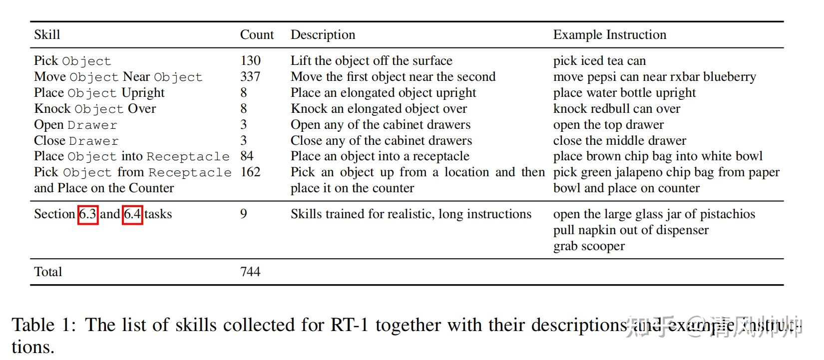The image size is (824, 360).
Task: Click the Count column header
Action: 257,35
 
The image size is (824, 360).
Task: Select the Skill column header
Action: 47,35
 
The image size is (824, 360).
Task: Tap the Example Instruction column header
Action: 609,35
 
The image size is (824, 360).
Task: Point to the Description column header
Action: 323,35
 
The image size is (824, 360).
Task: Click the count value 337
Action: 250,77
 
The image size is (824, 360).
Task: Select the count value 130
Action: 250,61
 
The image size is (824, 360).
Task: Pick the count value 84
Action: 247,156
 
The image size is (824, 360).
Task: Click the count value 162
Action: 250,172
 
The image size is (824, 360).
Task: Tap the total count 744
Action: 250,272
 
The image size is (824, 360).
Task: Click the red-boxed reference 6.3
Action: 88,215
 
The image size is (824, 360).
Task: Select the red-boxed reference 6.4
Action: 132,215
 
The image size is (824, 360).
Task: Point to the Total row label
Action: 48,272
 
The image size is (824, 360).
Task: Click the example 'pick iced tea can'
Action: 599,61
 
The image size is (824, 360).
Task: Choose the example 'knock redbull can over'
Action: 616,109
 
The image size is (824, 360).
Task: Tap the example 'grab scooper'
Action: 589,246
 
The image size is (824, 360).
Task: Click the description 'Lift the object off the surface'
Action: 371,61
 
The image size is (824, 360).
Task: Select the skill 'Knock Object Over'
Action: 95,109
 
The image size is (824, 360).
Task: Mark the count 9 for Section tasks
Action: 244,214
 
